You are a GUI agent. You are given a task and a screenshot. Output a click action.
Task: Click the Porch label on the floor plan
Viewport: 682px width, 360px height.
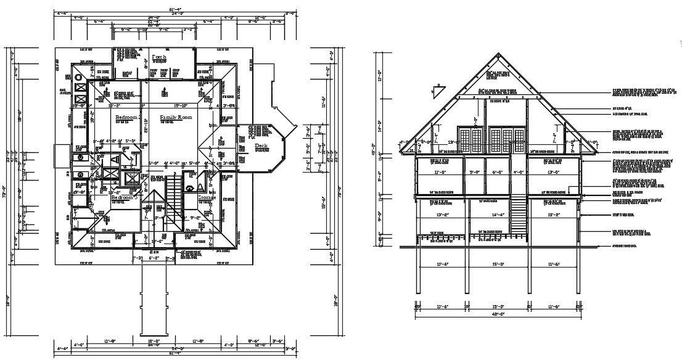click(x=159, y=57)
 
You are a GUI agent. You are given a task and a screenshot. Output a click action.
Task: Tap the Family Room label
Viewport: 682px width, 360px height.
click(x=176, y=117)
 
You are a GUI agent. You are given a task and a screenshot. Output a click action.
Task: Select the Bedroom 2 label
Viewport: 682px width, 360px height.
click(x=128, y=117)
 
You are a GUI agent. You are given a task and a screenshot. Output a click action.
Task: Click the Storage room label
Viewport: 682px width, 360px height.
click(x=207, y=197)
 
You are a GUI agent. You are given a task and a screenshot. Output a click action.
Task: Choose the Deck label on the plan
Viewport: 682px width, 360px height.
click(x=261, y=146)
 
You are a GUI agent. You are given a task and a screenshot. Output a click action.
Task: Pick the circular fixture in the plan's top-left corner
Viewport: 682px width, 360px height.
click(x=80, y=77)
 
